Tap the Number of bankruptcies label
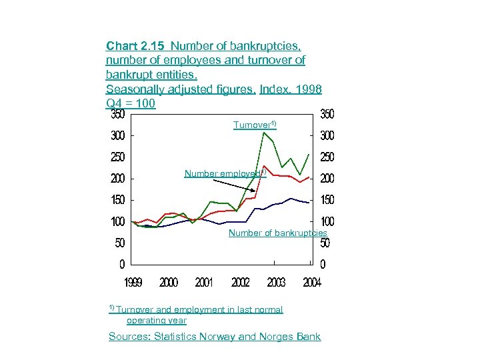[x=277, y=233]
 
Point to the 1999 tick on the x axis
[x=133, y=283]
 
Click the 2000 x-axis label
[x=169, y=283]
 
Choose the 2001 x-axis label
[x=204, y=283]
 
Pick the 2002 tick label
[x=241, y=283]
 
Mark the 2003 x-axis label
[x=276, y=283]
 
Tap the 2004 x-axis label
[x=312, y=283]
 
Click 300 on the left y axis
[x=118, y=136]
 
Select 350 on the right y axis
[x=327, y=115]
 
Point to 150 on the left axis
[x=118, y=200]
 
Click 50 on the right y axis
[x=325, y=243]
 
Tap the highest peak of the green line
[x=265, y=133]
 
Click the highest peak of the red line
[x=265, y=166]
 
